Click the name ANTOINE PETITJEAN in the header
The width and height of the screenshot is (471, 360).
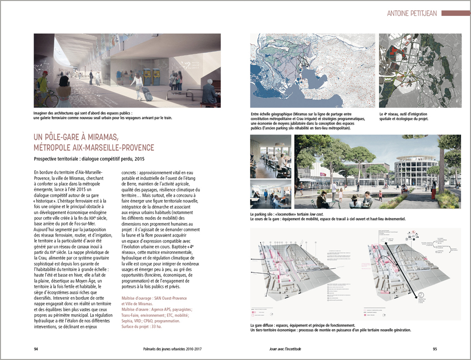pyautogui.click(x=412, y=13)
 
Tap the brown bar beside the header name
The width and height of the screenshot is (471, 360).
pyautogui.click(x=455, y=13)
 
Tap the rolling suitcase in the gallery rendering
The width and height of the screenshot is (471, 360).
pyautogui.click(x=147, y=93)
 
